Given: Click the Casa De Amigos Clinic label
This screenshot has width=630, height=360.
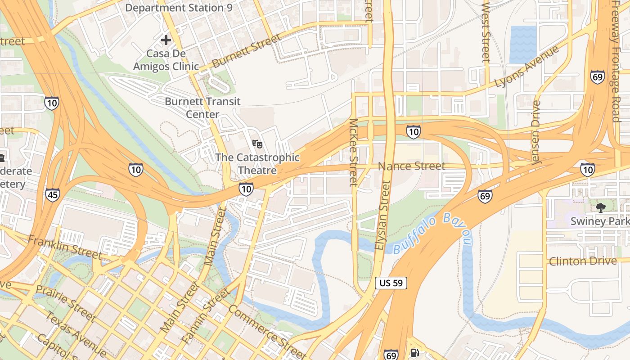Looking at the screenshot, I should tap(166, 60).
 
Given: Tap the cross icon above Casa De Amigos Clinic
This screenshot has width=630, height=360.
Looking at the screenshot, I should tap(166, 40).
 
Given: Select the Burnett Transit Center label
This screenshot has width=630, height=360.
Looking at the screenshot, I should tap(202, 108).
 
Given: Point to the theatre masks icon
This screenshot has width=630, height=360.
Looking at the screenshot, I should tap(257, 144).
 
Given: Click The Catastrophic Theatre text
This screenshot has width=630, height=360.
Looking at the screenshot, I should tap(257, 164).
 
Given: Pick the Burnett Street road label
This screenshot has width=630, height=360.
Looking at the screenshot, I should tap(246, 50).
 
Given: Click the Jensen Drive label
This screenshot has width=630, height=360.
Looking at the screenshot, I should tap(535, 133).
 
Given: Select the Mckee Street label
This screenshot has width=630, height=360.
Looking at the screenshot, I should tap(353, 152).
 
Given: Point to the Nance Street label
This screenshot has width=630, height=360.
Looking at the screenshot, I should tap(411, 166).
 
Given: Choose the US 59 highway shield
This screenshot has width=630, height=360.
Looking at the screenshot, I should tap(391, 283).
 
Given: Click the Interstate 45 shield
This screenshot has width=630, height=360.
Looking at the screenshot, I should tap(52, 194).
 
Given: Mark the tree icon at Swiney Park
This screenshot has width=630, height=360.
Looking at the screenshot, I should tap(600, 207).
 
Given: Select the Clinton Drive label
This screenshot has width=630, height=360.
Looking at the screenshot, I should tap(582, 261).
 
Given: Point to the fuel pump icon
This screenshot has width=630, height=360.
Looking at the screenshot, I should tap(414, 354).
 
